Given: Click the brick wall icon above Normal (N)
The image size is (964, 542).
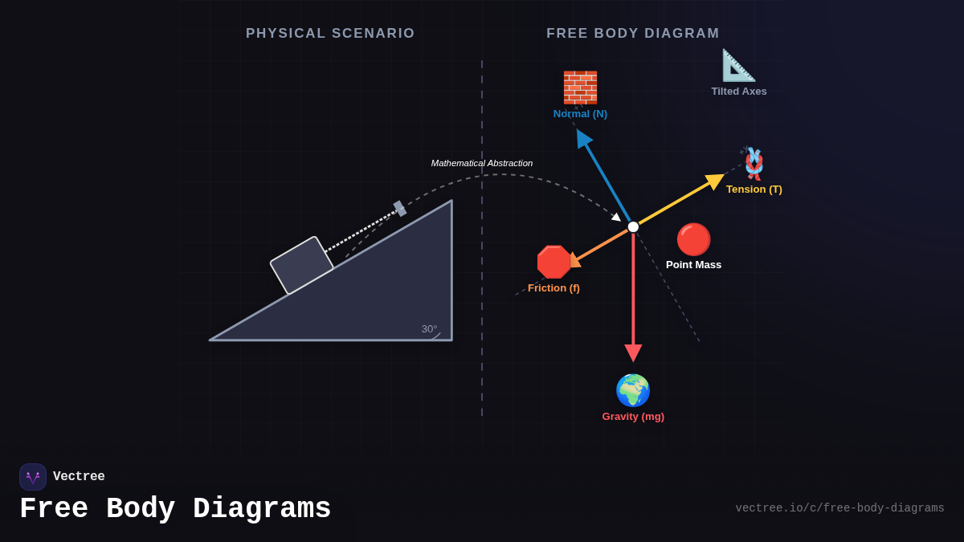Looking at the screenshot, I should (x=580, y=88).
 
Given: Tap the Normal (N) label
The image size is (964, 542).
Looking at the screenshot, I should (x=580, y=114).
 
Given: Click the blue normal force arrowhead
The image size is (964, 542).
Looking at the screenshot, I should (x=583, y=138).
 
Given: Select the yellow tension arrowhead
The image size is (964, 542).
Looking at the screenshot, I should (x=714, y=181).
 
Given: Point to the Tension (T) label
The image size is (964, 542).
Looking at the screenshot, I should (x=754, y=189).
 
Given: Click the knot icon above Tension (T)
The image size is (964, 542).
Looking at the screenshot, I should (x=754, y=164).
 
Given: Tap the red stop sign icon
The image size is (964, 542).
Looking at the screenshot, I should (x=553, y=262).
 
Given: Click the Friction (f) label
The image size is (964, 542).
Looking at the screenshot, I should (x=553, y=288).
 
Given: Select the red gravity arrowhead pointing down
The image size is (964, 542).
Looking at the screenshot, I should (x=633, y=353).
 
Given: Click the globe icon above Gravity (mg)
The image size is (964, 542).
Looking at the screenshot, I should (x=633, y=390).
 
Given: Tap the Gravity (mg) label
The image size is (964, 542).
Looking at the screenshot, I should (x=633, y=417).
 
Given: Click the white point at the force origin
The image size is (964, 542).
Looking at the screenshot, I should (x=633, y=227).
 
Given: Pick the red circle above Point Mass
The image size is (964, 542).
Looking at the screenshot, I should (x=693, y=239).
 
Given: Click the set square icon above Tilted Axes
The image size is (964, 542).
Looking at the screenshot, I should (x=738, y=65).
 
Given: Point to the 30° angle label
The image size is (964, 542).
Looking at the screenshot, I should (x=429, y=329).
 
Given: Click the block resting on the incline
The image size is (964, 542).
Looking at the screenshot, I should (x=301, y=265).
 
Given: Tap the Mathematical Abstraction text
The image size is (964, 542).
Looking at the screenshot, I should (x=482, y=164).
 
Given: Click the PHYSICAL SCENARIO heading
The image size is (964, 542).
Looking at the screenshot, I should (x=330, y=34).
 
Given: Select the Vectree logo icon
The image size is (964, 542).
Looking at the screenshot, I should (x=33, y=477).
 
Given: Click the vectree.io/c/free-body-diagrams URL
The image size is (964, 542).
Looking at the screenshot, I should (x=839, y=508).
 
